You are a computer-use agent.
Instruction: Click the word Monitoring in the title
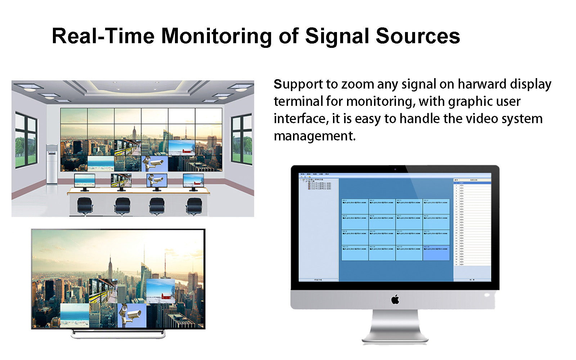(216, 36)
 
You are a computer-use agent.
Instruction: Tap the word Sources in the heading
(418, 36)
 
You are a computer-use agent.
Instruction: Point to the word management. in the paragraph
(315, 136)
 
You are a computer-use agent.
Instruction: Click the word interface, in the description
(301, 119)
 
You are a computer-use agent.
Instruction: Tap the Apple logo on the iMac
(395, 299)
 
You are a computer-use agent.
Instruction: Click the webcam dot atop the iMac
(395, 169)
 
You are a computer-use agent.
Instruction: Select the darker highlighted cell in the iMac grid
(436, 253)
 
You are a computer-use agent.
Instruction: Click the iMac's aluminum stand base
(395, 339)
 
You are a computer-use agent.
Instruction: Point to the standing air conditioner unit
(52, 164)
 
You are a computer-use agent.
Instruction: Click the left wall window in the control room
(26, 140)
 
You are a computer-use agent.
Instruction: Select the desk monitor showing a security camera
(157, 180)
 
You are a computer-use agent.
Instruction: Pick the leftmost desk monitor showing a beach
(85, 181)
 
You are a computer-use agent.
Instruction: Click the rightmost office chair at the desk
(194, 206)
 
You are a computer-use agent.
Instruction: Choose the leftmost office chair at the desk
(85, 206)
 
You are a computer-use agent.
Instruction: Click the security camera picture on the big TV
(132, 315)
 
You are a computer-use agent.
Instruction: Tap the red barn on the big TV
(166, 297)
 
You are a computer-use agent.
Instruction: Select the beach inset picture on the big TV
(75, 315)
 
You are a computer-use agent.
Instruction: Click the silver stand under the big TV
(118, 334)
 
